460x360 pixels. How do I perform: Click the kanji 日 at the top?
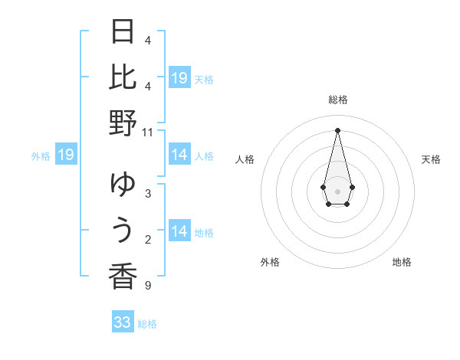(123, 32)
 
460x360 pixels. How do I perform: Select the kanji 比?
(123, 77)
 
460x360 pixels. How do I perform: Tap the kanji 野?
(123, 123)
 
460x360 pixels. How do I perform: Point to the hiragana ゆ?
(123, 184)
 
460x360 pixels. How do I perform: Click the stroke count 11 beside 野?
(148, 132)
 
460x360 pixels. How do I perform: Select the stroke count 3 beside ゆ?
(148, 193)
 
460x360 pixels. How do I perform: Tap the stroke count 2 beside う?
(148, 241)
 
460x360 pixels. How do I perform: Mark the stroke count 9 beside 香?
(148, 286)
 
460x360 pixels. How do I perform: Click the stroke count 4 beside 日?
(148, 40)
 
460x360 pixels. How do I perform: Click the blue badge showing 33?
(123, 322)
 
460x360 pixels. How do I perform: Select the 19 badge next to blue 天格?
(179, 78)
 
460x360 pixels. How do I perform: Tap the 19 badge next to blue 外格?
(66, 155)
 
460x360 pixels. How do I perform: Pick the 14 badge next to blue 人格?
(179, 155)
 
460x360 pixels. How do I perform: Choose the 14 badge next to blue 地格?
(179, 231)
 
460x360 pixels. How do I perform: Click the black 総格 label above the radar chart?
(337, 100)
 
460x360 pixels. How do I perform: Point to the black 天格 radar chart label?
(431, 159)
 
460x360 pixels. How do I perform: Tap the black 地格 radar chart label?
(402, 262)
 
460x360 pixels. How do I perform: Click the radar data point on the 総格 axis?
(337, 129)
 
